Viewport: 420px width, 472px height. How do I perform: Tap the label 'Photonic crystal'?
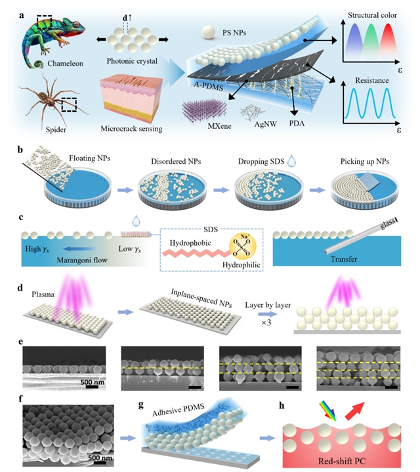[x=131, y=62]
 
